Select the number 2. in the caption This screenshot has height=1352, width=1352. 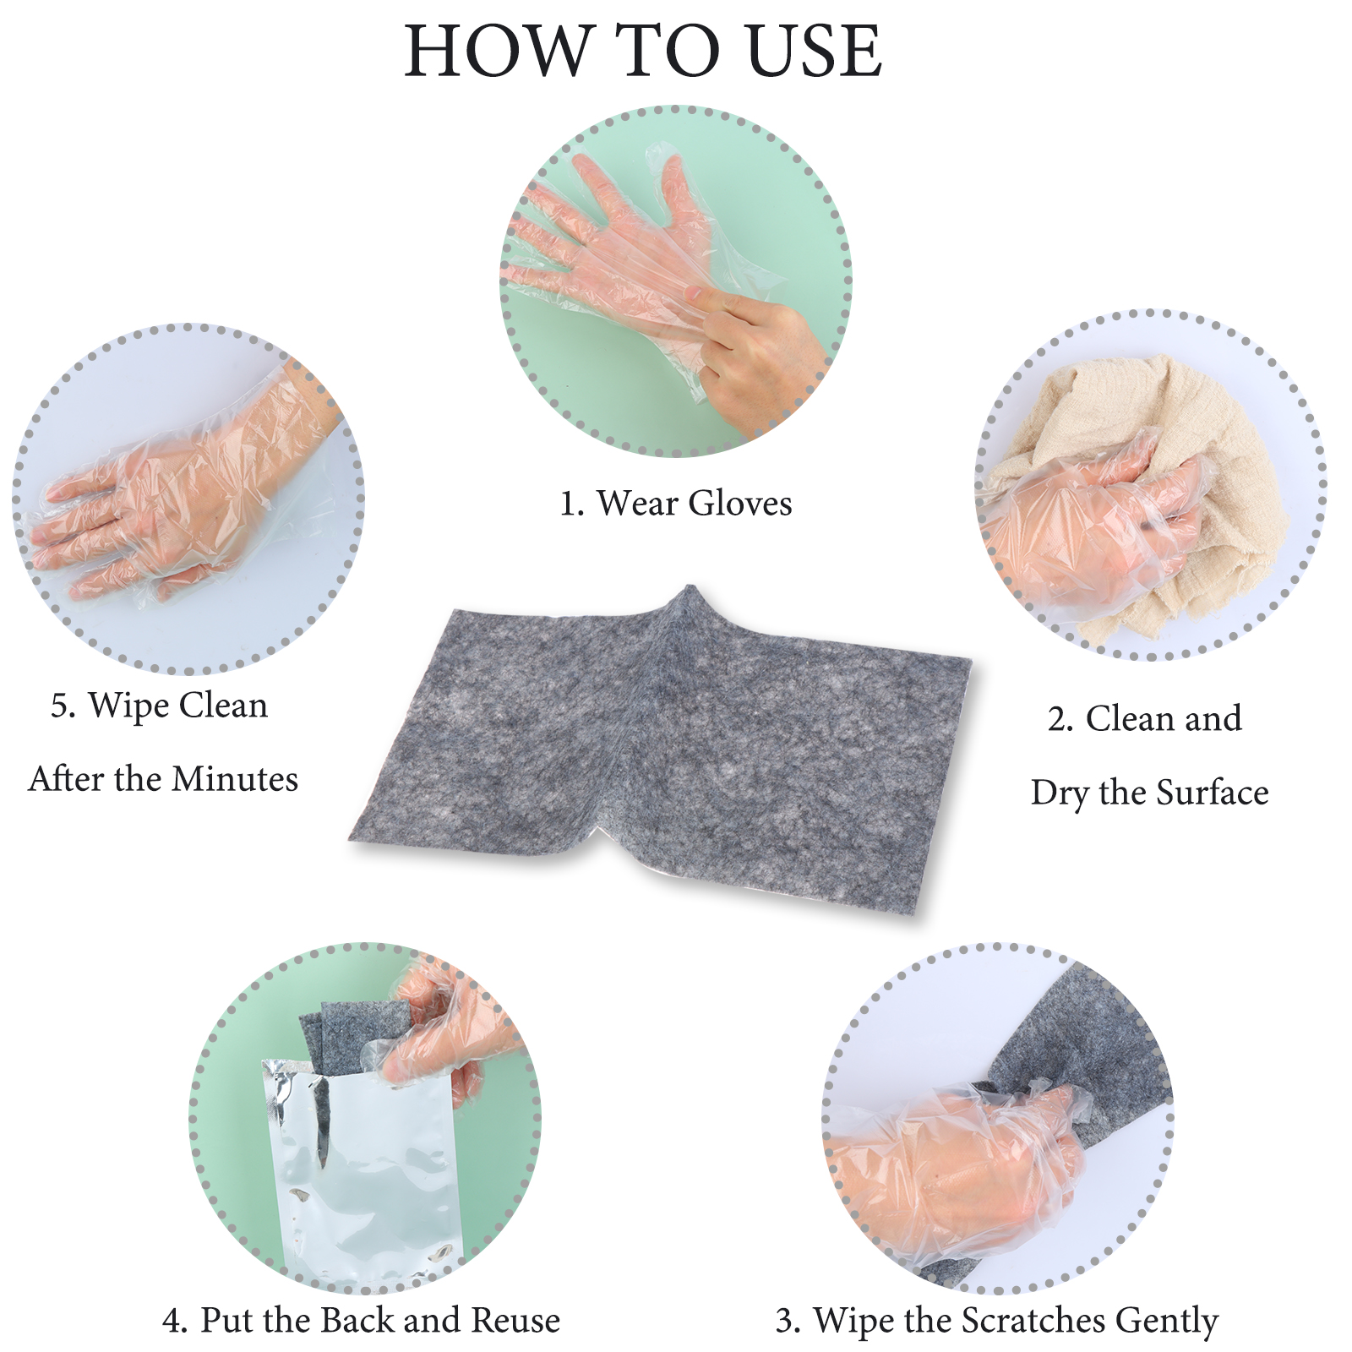1060,719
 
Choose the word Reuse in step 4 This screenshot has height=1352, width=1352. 515,1320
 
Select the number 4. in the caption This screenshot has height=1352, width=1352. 175,1320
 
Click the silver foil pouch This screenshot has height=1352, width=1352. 363,1175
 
